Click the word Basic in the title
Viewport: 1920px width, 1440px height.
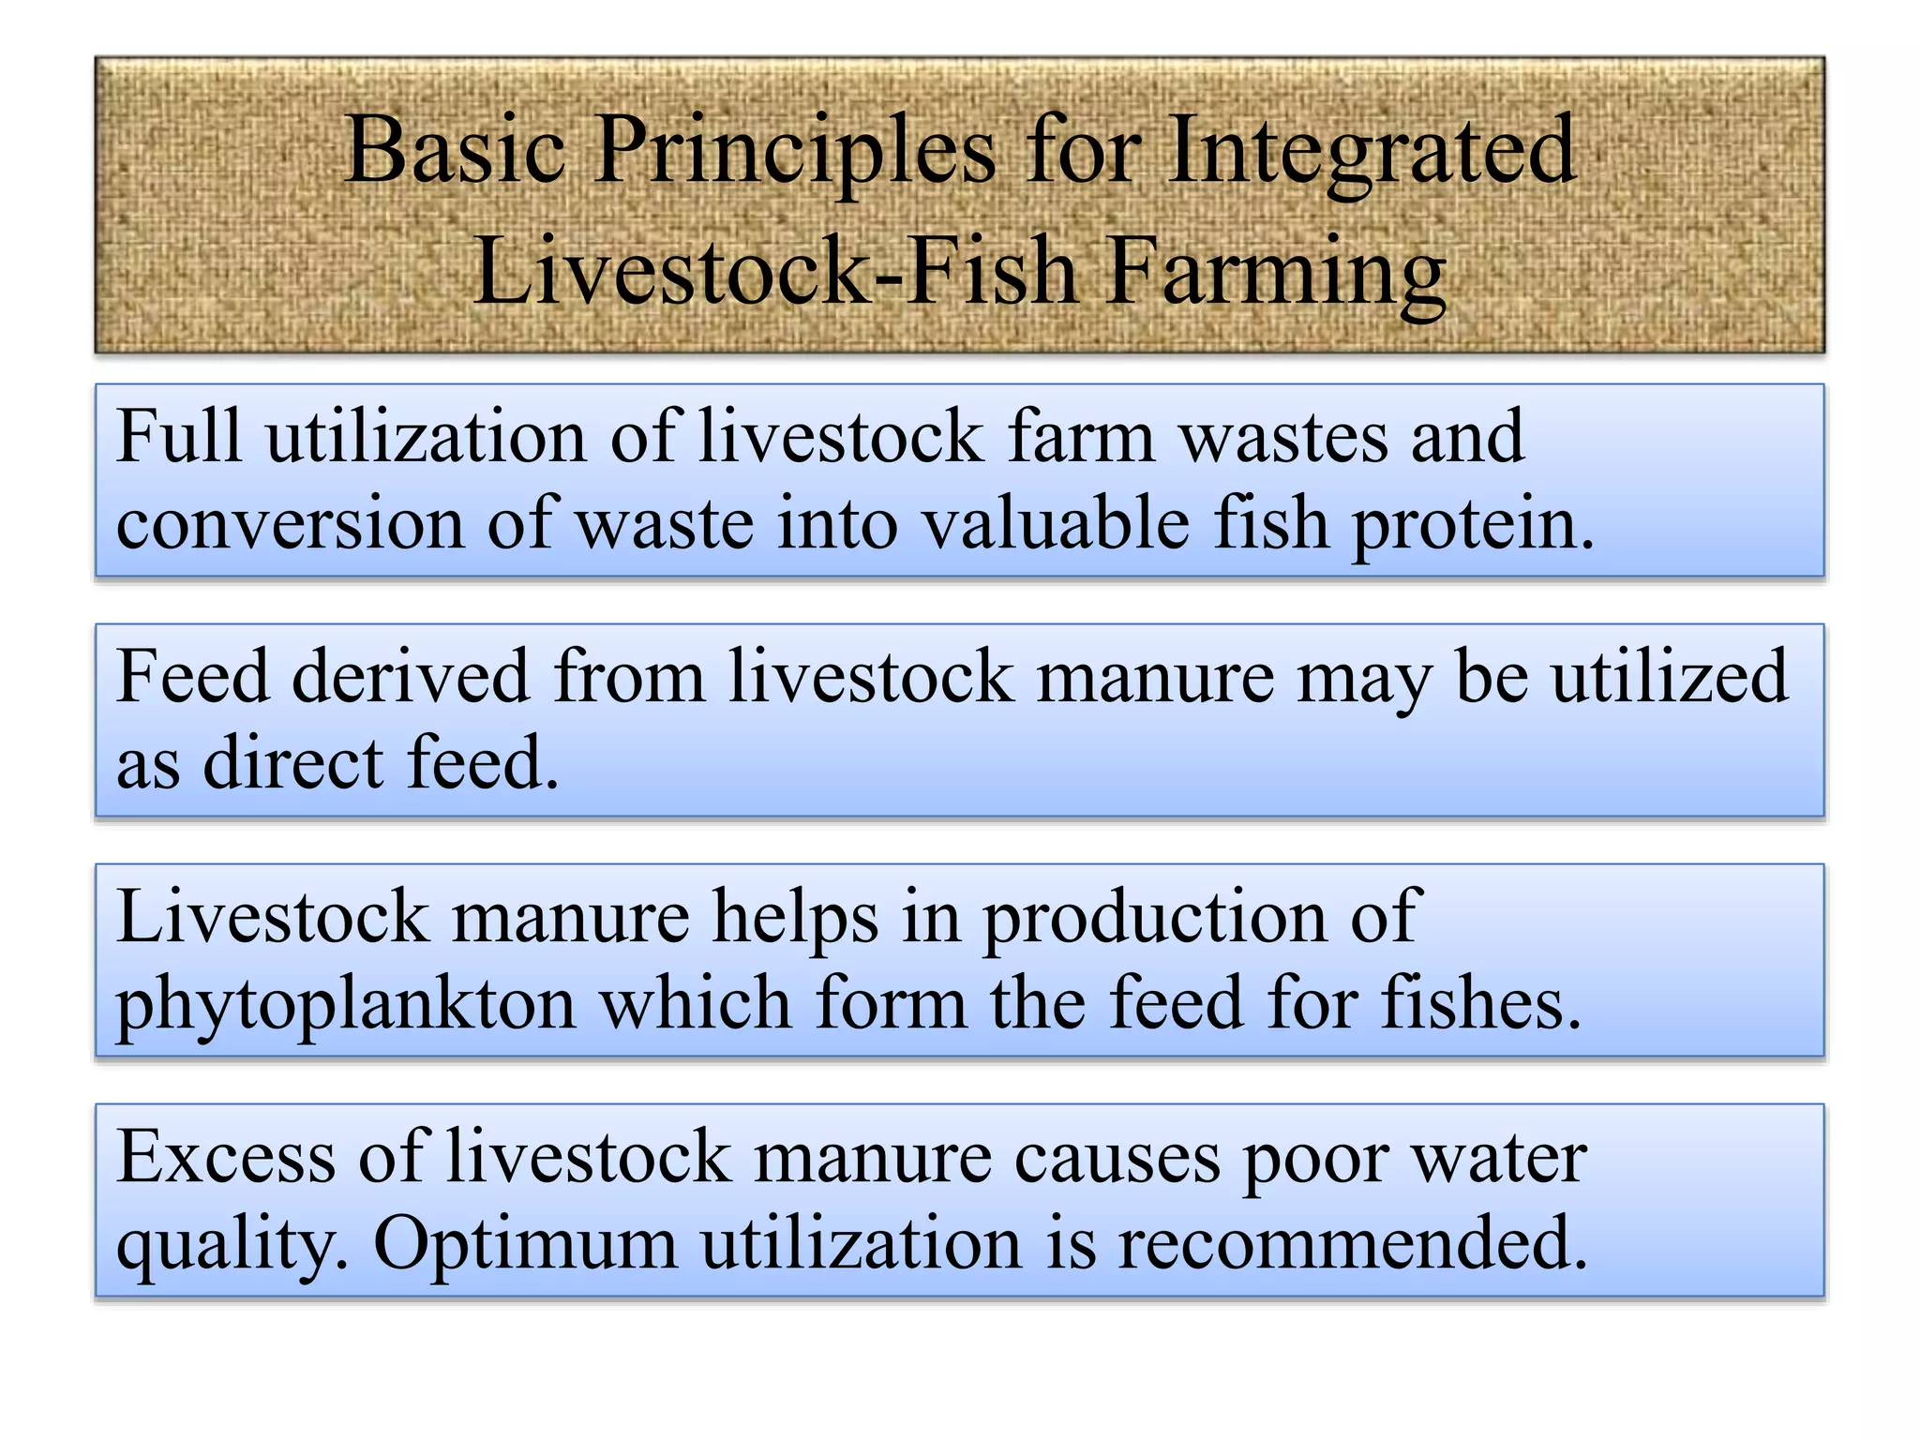pyautogui.click(x=456, y=150)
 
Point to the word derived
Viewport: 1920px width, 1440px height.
pyautogui.click(x=411, y=677)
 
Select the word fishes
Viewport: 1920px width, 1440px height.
pyautogui.click(x=1481, y=1004)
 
